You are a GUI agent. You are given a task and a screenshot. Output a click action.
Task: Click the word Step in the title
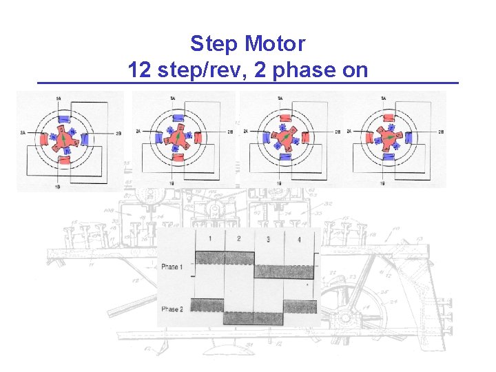click(211, 44)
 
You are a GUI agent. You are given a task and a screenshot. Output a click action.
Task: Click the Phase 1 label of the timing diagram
click(172, 267)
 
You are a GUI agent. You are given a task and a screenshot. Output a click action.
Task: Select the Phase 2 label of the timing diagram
click(172, 309)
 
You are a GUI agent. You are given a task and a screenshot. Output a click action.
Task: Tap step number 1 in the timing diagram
click(209, 238)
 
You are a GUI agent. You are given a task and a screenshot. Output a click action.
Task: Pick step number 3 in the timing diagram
click(269, 239)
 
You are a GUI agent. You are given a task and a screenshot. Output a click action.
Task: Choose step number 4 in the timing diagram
click(298, 239)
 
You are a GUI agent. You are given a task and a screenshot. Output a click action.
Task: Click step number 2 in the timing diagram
click(238, 238)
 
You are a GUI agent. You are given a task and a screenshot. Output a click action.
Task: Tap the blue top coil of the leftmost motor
click(64, 118)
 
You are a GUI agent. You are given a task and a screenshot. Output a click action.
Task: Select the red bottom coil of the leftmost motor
click(64, 161)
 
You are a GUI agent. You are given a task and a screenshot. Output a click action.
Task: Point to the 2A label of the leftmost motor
click(23, 132)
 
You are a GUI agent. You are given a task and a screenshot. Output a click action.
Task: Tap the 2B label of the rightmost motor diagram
click(440, 132)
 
